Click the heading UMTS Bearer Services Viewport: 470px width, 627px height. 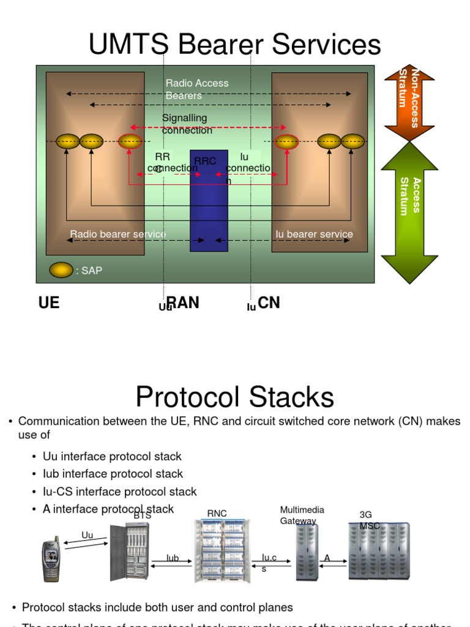point(234,45)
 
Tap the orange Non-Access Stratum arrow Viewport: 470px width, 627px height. point(409,102)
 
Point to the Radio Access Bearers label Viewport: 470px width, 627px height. point(196,89)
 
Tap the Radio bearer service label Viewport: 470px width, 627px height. point(117,234)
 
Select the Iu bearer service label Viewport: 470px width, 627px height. point(314,234)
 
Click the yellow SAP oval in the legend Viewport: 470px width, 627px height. point(61,270)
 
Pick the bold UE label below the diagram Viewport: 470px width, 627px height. point(49,303)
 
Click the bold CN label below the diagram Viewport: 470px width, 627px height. point(269,303)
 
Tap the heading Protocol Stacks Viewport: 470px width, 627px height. point(234,397)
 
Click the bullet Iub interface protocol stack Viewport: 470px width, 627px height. point(113,474)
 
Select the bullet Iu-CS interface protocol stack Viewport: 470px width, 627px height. point(119,492)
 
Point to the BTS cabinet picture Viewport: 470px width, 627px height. point(129,552)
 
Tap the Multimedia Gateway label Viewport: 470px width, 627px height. point(302,515)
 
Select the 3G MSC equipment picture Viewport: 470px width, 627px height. point(379,551)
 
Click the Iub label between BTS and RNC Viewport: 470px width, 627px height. point(173,558)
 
